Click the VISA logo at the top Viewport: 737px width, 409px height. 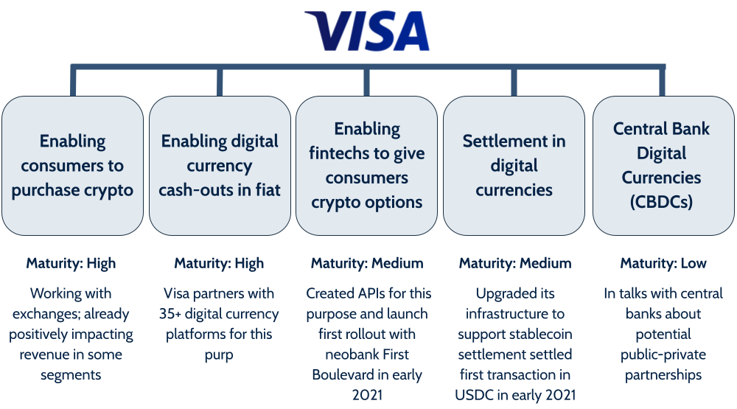pyautogui.click(x=367, y=31)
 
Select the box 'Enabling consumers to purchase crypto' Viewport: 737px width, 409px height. pyautogui.click(x=72, y=166)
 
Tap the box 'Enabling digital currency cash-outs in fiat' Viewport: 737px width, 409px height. pyautogui.click(x=220, y=166)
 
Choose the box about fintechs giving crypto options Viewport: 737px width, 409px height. pyautogui.click(x=367, y=166)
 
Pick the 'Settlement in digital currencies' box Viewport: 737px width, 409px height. pyautogui.click(x=514, y=166)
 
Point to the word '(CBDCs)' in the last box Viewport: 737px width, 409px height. pyautogui.click(x=661, y=201)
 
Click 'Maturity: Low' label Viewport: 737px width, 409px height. pyautogui.click(x=663, y=263)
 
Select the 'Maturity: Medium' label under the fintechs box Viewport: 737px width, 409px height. pyautogui.click(x=367, y=263)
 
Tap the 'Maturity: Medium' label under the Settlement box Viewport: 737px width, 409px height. pyautogui.click(x=514, y=263)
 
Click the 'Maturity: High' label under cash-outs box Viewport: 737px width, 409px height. pyautogui.click(x=219, y=263)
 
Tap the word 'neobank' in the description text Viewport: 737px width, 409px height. pyautogui.click(x=340, y=354)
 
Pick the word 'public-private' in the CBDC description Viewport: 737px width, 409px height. pyautogui.click(x=663, y=354)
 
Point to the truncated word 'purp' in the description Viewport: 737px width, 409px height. pyautogui.click(x=220, y=354)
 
